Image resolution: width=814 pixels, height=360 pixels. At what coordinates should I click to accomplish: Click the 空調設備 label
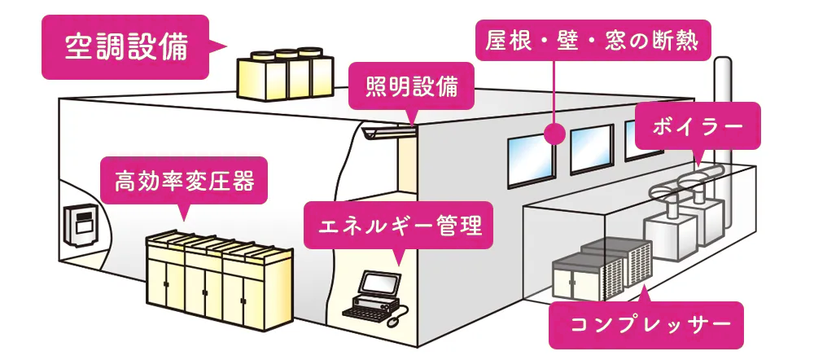tap(125, 47)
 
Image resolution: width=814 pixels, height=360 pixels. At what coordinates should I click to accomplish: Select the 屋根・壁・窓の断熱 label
tap(592, 40)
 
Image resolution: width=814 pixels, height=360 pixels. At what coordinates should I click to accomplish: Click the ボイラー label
tap(698, 126)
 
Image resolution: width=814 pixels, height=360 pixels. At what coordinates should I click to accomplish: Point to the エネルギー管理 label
tap(398, 224)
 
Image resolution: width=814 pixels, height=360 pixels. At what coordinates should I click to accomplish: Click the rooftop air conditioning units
tap(285, 73)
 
